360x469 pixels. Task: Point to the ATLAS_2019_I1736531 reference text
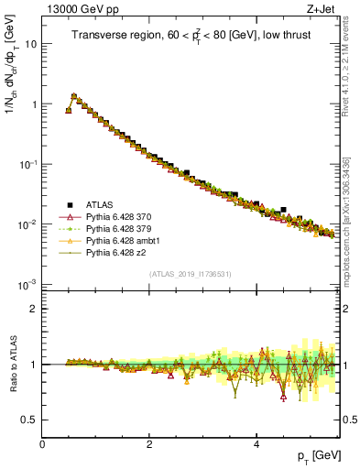click(x=190, y=274)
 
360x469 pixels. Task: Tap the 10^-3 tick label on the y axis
click(x=27, y=285)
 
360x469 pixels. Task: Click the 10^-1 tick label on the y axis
click(x=27, y=164)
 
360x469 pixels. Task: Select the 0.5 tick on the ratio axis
click(x=29, y=420)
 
